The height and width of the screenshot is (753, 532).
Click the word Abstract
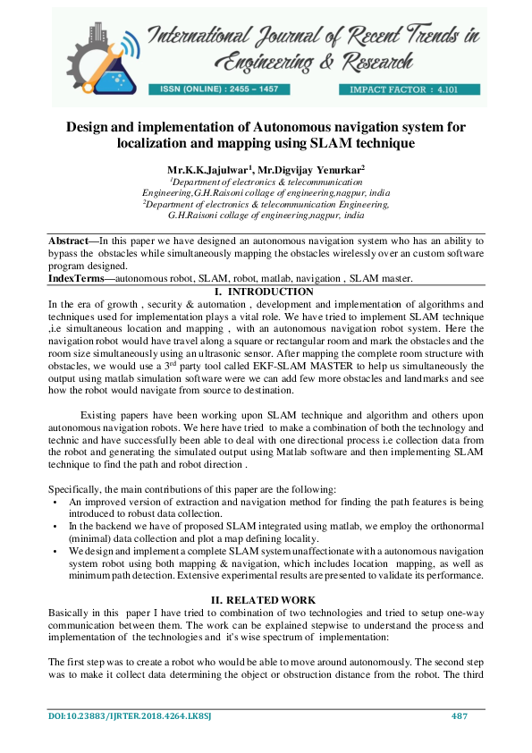pyautogui.click(x=72, y=241)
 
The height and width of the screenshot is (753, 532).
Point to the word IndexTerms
pyautogui.click(x=75, y=279)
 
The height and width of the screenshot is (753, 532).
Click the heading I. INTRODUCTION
pyautogui.click(x=266, y=292)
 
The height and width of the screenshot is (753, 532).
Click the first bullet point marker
pyautogui.click(x=55, y=503)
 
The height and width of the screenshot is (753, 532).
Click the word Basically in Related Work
pyautogui.click(x=70, y=611)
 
